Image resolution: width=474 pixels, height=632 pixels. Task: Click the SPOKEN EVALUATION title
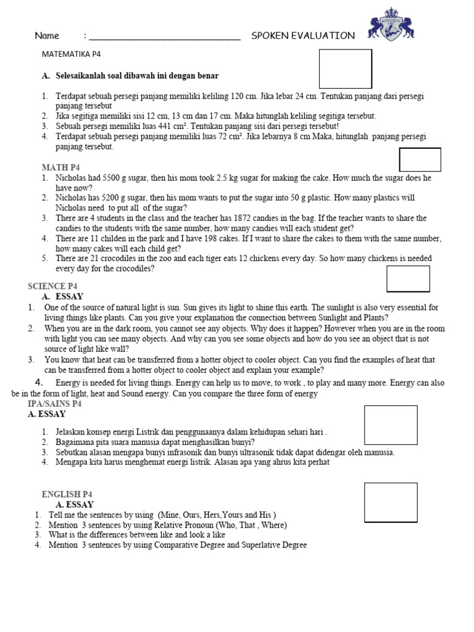(303, 36)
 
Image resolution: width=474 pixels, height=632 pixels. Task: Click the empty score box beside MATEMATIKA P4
(345, 69)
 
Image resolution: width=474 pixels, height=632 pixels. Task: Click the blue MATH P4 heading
(60, 167)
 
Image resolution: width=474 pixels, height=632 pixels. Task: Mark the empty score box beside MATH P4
(420, 159)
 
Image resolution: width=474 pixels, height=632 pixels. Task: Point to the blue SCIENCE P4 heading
(53, 286)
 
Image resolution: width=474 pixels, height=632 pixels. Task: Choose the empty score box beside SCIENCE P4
(407, 278)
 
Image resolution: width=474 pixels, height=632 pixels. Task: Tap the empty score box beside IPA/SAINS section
(391, 425)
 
